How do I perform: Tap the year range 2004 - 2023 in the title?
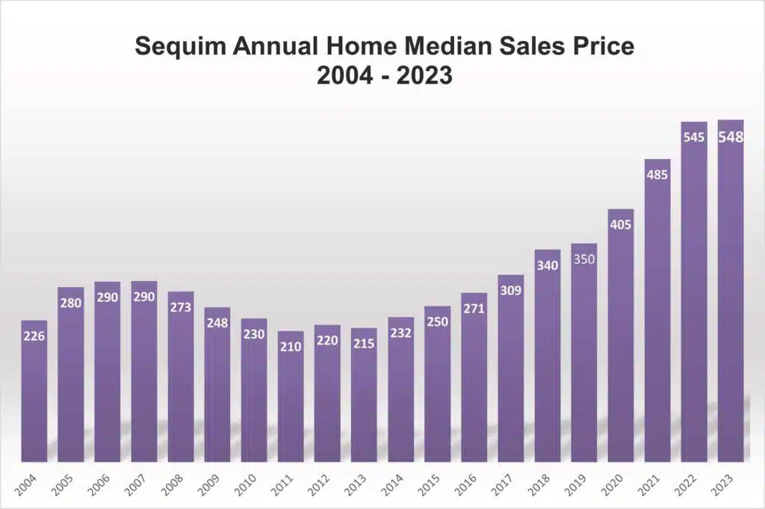383,75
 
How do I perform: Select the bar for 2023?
730,299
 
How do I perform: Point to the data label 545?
694,138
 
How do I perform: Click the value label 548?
730,138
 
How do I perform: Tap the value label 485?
657,176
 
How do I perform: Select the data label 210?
291,347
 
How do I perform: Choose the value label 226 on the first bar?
34,336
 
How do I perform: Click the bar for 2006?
108,374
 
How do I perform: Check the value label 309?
511,291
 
